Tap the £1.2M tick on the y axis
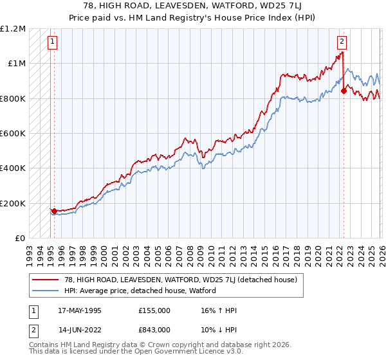pos(13,29)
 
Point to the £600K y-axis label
pos(13,134)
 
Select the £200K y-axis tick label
pos(13,203)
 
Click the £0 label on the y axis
pos(19,239)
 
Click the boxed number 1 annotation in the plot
pos(52,42)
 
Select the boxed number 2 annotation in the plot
pos(342,42)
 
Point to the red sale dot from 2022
pos(344,91)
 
